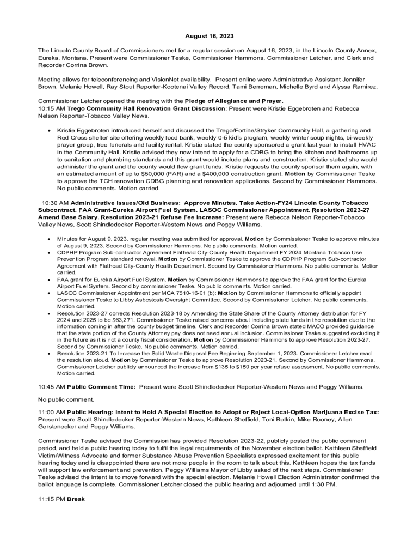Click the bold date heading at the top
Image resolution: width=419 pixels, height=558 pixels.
(209, 36)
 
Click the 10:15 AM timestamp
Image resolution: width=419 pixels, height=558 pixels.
(52, 108)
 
